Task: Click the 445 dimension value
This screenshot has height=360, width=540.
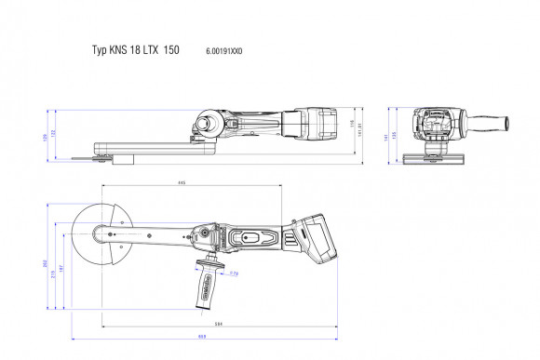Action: point(182,183)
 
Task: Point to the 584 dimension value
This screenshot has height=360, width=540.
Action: point(218,324)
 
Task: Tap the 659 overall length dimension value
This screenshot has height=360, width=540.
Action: point(201,335)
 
